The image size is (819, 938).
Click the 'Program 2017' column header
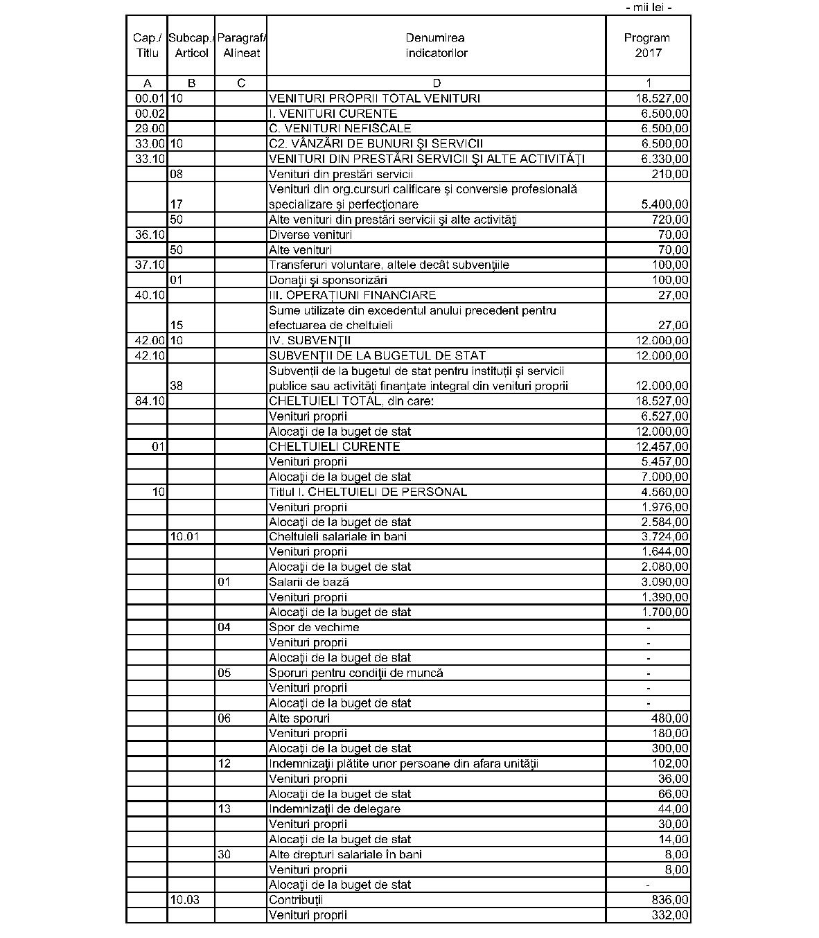647,46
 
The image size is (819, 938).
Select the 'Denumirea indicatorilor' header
436,46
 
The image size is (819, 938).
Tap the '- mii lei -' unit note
648,8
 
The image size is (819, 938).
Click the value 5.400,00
661,204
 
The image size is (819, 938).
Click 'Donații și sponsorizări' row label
328,281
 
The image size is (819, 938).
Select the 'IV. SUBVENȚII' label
310,341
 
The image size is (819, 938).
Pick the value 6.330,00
661,159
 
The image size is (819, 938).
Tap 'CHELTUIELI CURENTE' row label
335,447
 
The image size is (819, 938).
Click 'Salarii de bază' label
309,583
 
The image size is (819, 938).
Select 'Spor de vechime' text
314,628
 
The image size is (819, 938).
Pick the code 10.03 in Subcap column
184,900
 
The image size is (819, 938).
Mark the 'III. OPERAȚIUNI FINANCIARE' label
353,296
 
